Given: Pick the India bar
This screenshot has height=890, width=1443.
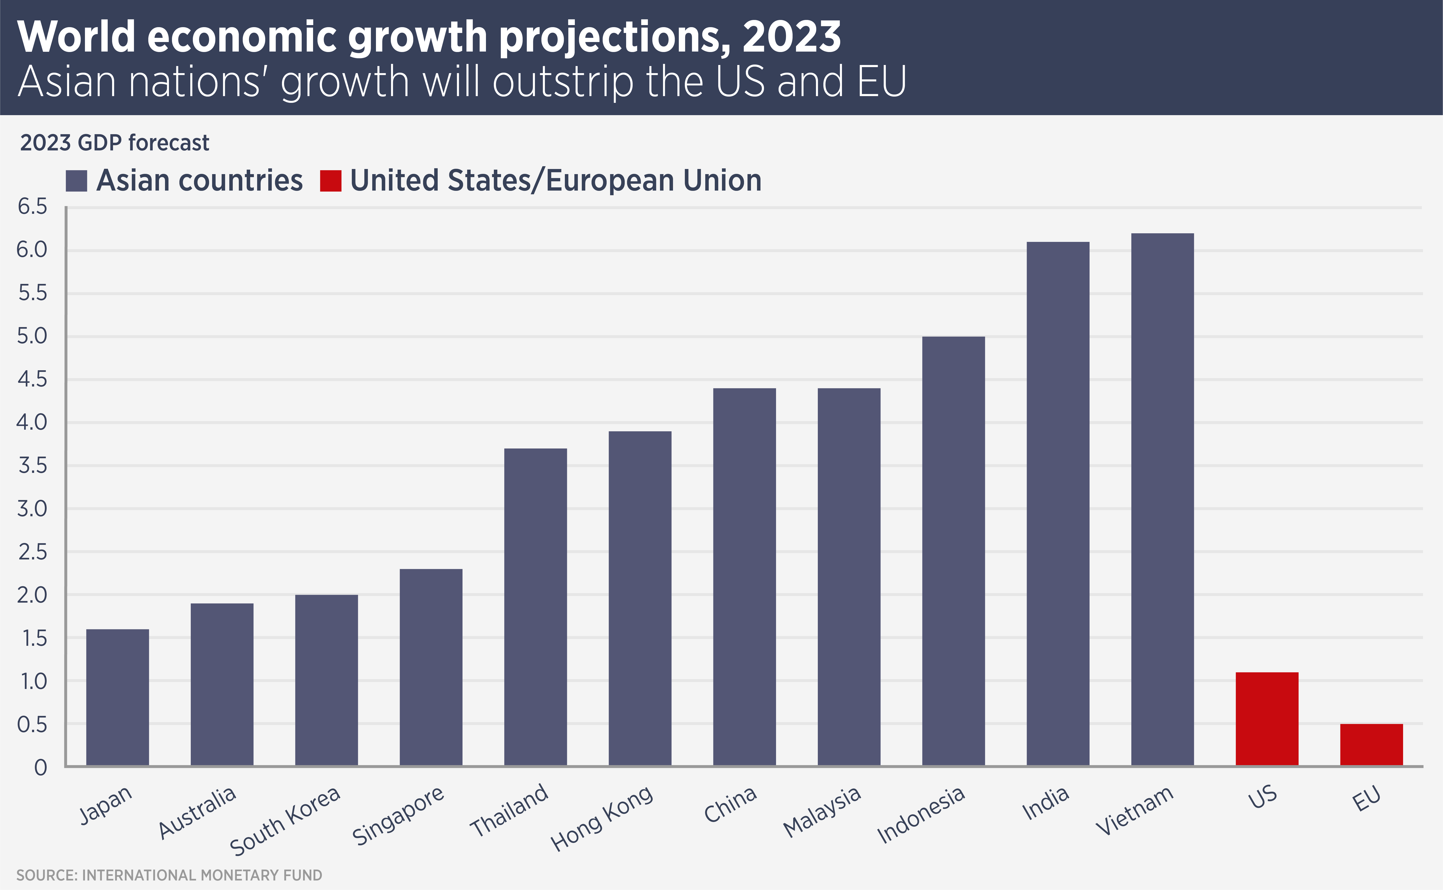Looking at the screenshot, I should (1058, 503).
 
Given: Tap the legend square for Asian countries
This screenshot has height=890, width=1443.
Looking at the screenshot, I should (77, 181).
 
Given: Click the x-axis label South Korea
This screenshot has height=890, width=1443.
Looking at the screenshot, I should (285, 821).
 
